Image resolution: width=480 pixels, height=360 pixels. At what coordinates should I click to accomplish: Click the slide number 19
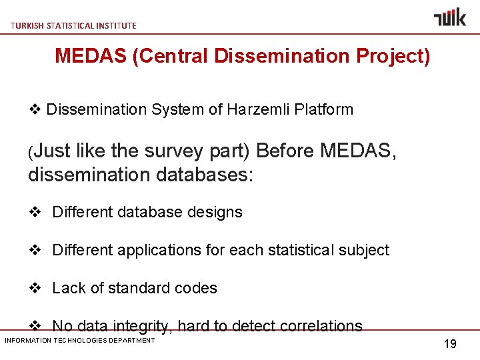pos(450,344)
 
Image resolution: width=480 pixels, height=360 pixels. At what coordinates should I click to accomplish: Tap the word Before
pos(285,151)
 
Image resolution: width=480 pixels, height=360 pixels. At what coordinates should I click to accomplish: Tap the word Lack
pos(67,288)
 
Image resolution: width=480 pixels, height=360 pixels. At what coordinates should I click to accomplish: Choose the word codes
pos(195,288)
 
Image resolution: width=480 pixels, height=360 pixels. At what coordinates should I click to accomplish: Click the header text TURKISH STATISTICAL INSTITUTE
pos(73,25)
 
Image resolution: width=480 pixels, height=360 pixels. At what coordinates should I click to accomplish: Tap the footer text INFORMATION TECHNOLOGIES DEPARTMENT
pos(79,341)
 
